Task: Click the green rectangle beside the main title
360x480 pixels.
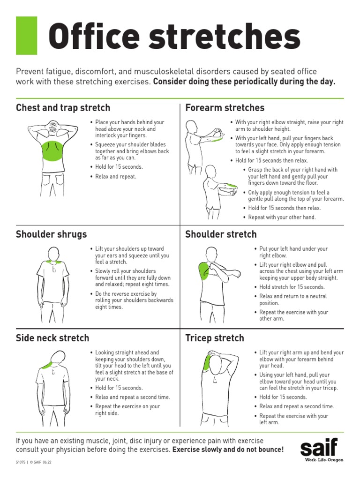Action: pos(26,36)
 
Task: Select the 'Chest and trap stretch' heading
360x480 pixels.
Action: pos(63,108)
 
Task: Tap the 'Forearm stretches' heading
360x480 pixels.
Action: pos(225,108)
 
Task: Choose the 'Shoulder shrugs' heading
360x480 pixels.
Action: pos(51,234)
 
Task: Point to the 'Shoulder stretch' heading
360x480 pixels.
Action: pos(221,234)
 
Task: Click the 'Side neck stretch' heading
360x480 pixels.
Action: pos(52,338)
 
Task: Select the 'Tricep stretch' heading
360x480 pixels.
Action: pos(214,338)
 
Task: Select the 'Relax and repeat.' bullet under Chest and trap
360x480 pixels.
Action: pos(115,177)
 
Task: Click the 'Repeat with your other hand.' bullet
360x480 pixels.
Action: pos(282,217)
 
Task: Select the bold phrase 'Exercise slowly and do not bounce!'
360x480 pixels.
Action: pos(228,450)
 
